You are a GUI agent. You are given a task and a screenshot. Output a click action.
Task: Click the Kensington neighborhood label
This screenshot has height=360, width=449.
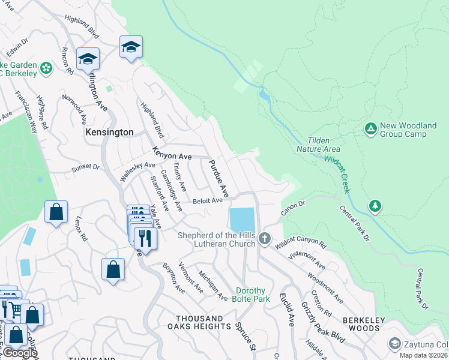pos(109,131)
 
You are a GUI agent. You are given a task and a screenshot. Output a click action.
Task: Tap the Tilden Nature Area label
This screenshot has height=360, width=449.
pos(318,145)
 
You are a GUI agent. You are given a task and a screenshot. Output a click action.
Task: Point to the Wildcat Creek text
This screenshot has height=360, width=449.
pos(337,175)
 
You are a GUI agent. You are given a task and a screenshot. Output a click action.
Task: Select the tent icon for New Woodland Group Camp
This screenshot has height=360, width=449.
pos(370,129)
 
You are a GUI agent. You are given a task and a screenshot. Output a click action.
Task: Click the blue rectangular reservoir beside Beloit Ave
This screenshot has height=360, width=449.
pos(241,219)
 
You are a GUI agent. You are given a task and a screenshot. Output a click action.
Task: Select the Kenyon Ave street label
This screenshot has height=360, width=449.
pos(172,153)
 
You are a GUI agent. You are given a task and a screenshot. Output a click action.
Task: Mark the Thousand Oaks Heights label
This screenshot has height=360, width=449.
pos(203,322)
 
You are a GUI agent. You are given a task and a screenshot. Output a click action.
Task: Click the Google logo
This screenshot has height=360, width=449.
pos(19,353)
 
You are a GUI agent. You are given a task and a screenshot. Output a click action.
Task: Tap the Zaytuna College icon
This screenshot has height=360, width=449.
pos(394,344)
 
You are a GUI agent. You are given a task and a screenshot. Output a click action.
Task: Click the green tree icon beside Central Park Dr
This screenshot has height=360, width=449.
pos(375,206)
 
